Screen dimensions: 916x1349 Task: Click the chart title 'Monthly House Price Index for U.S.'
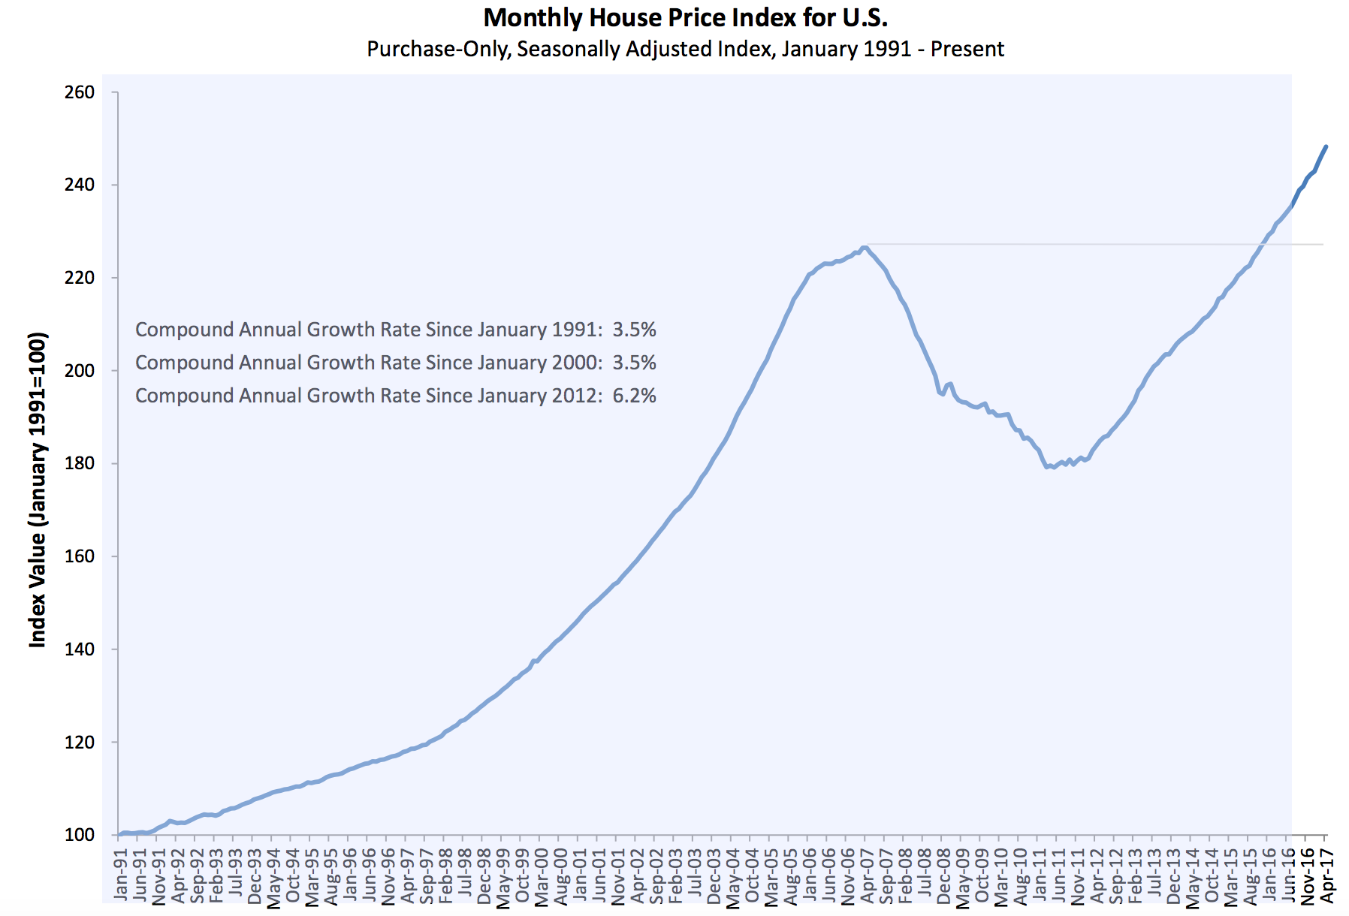click(685, 17)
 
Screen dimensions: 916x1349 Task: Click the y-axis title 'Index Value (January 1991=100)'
click(38, 489)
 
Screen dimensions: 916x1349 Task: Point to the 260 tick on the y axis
click(80, 92)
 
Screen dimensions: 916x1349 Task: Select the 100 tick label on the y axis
click(80, 835)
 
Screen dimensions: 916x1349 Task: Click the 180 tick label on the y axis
click(80, 463)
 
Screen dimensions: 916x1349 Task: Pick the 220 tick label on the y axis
click(80, 278)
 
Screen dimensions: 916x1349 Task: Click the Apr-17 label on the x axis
click(1327, 875)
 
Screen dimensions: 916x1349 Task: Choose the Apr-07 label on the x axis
click(868, 875)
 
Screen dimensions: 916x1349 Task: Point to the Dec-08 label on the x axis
click(944, 875)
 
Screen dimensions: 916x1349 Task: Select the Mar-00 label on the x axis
click(542, 875)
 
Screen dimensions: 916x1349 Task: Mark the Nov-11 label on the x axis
click(1078, 875)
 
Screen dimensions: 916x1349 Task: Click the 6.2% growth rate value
click(634, 396)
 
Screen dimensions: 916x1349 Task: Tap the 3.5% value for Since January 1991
click(634, 330)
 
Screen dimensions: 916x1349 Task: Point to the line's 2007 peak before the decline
click(865, 246)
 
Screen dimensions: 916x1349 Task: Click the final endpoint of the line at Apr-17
click(1326, 146)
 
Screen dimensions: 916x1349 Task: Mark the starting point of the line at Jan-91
click(119, 834)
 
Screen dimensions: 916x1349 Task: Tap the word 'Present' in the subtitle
click(967, 50)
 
